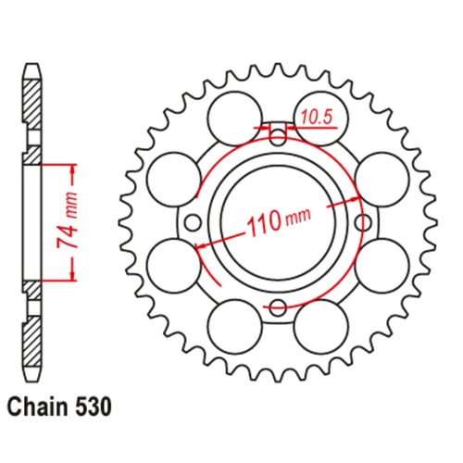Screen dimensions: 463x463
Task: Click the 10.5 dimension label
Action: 312,118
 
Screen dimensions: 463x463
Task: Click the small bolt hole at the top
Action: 278,139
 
